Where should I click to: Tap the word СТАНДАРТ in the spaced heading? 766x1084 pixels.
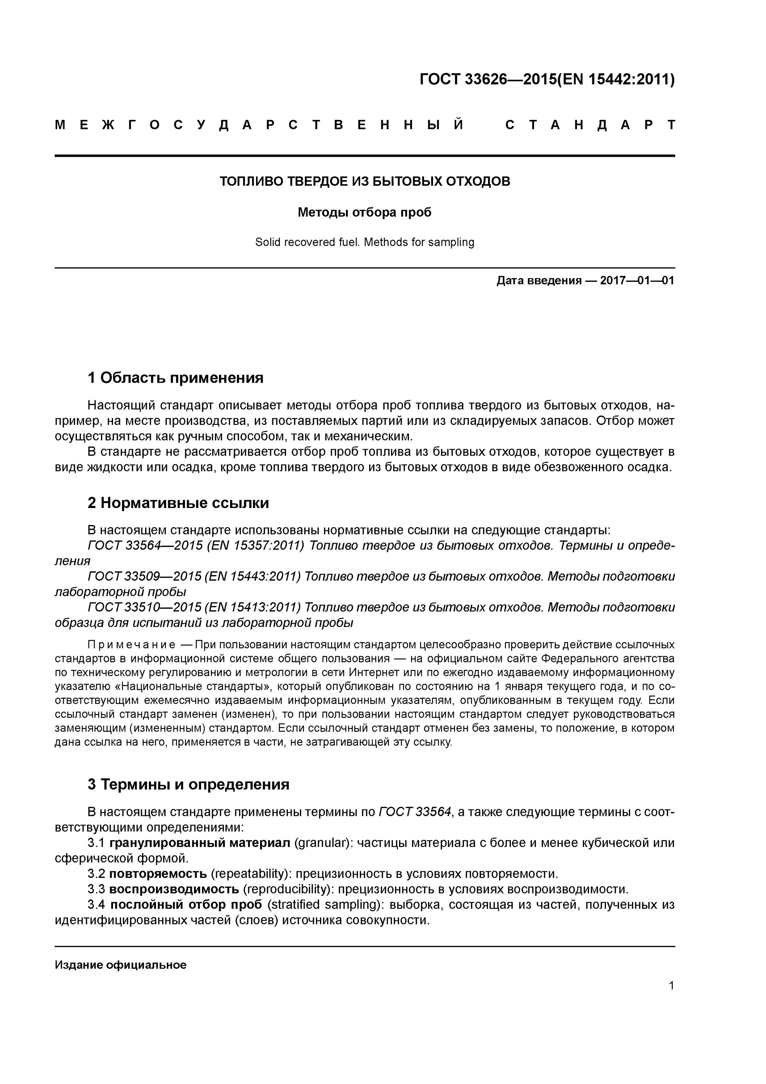pos(590,125)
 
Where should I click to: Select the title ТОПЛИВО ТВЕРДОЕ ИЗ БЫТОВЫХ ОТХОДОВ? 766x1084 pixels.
pos(365,181)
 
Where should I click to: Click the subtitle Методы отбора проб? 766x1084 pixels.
pos(364,212)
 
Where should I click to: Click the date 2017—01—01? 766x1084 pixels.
pos(637,281)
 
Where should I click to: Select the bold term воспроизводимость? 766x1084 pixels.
pos(174,890)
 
